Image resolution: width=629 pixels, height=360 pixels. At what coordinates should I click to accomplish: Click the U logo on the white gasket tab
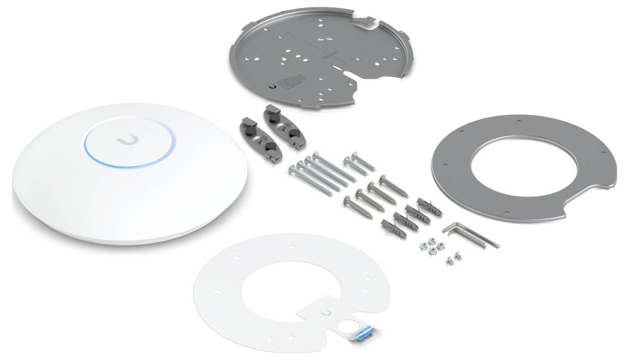325,312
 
